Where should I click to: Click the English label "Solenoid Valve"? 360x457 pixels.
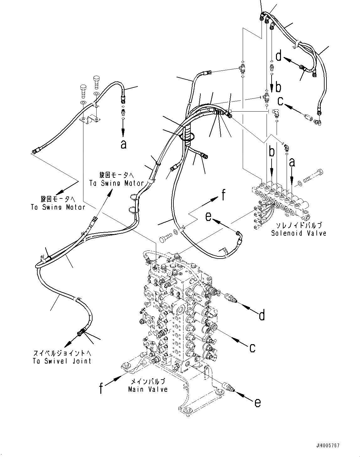click(299, 233)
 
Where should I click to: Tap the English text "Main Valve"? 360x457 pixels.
click(148, 389)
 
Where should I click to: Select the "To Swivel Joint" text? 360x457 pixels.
click(61, 361)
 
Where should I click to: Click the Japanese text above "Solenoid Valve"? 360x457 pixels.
click(299, 226)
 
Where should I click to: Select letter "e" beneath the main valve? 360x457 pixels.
click(257, 402)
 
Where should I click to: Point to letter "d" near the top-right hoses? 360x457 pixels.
click(279, 56)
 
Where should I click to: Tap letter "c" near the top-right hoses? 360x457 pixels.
click(281, 101)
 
